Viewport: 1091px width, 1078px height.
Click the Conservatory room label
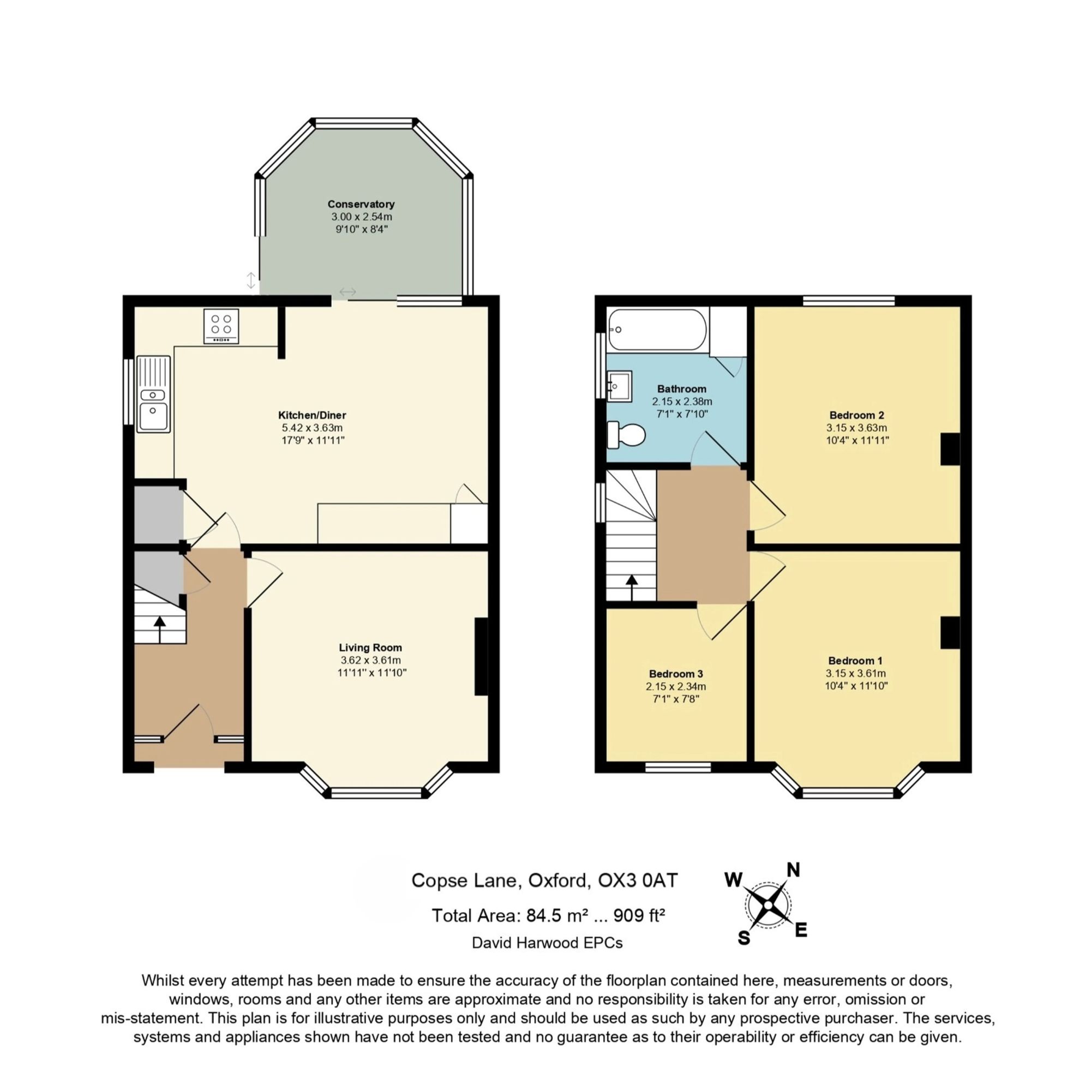coord(361,204)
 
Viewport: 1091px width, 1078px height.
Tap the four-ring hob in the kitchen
coord(221,326)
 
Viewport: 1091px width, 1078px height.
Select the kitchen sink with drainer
coord(153,394)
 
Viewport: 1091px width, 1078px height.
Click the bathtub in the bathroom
coord(657,329)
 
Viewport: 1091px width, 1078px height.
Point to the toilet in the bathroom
coord(626,435)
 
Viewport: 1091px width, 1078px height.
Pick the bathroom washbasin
coord(619,386)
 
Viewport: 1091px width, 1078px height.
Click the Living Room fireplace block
coord(481,656)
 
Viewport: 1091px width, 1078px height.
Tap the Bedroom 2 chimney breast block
coord(950,449)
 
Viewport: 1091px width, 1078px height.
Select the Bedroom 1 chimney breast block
coord(950,632)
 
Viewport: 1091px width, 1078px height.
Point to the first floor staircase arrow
coord(631,588)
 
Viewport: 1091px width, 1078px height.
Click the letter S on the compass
coord(744,938)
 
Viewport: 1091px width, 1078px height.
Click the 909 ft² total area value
coord(639,915)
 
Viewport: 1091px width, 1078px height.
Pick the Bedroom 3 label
coord(676,674)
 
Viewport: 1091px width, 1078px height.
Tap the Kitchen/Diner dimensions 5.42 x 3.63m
coord(312,428)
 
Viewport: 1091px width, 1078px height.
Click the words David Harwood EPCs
coord(547,943)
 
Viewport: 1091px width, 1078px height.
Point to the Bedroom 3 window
coord(678,766)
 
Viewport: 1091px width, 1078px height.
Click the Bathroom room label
coord(681,388)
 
